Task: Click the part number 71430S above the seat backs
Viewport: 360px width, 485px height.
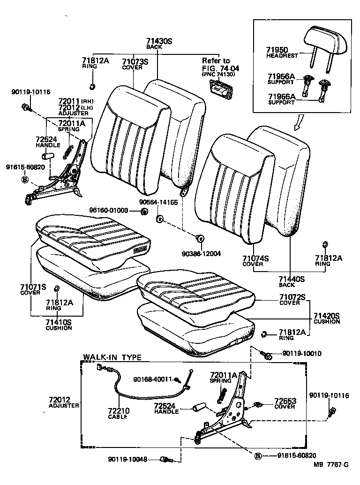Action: click(x=159, y=42)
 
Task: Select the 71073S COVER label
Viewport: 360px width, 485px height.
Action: click(x=135, y=64)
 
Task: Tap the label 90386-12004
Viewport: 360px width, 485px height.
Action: click(x=202, y=254)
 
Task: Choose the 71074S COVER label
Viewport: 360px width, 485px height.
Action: click(x=255, y=261)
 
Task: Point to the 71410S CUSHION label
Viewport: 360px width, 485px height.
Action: click(x=59, y=325)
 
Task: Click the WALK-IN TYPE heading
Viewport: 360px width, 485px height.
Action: click(x=112, y=357)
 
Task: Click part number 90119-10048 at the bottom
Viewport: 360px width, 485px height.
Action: click(x=127, y=460)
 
